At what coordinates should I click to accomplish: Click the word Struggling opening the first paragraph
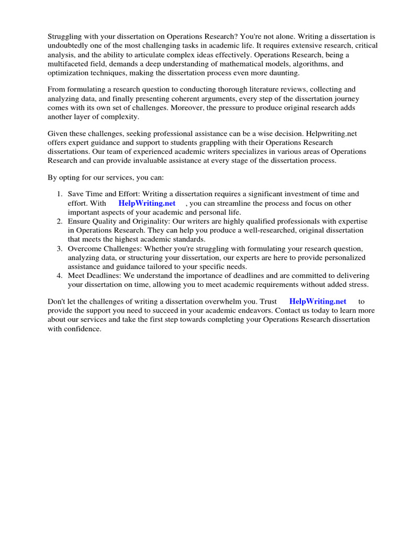pos(65,37)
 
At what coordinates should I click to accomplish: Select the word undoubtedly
pos(69,46)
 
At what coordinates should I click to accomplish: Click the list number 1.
pos(60,195)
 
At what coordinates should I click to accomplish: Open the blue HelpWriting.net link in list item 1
pos(147,204)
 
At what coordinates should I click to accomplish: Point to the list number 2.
pos(60,221)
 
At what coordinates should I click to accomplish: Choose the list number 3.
pos(60,248)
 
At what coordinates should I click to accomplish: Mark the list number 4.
pos(60,275)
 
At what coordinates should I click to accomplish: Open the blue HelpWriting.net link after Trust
pos(318,301)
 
